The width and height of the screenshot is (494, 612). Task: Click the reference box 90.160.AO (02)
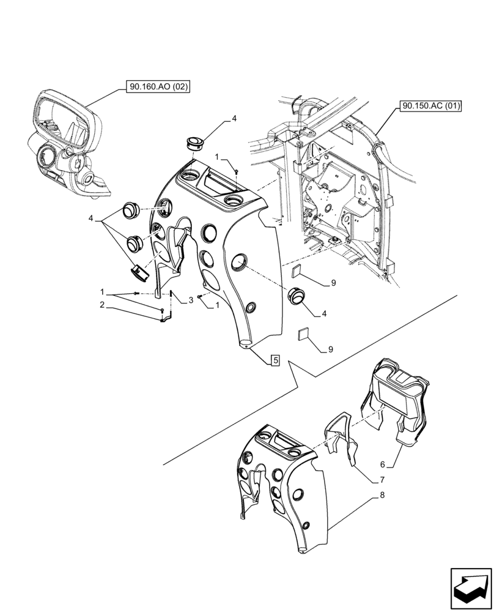[159, 88]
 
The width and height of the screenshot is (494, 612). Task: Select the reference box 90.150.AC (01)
[431, 106]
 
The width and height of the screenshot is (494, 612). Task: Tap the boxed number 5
[275, 360]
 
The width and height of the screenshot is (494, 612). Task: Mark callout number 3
[191, 299]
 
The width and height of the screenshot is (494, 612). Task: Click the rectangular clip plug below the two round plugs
[140, 272]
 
